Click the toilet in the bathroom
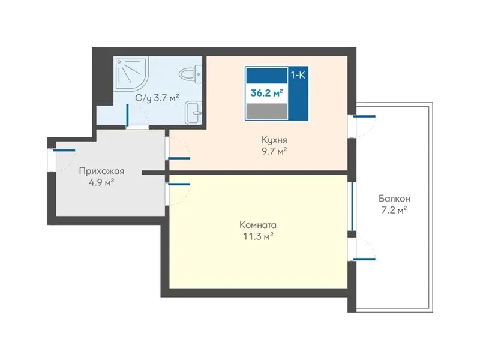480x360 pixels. click(190, 74)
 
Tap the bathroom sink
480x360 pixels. click(194, 113)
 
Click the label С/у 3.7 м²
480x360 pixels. click(157, 98)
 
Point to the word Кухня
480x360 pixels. click(274, 140)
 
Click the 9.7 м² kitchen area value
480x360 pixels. click(274, 151)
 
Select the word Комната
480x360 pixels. click(258, 225)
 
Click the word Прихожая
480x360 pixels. click(101, 171)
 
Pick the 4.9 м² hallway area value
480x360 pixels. click(101, 182)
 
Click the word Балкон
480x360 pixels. click(394, 199)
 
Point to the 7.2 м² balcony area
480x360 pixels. click(394, 210)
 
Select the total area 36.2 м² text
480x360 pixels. click(266, 93)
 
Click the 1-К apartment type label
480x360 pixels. click(298, 75)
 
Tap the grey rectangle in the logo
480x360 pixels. click(267, 111)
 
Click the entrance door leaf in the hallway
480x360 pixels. click(64, 151)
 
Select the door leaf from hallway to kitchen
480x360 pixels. click(179, 158)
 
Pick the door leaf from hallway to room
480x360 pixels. click(179, 184)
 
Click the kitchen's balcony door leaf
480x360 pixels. click(364, 116)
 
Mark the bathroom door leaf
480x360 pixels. click(127, 115)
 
